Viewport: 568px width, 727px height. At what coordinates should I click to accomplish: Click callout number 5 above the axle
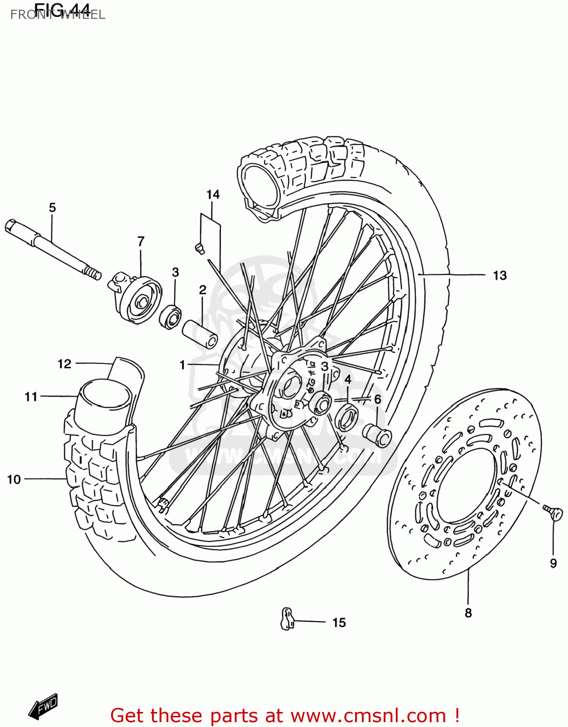(52, 207)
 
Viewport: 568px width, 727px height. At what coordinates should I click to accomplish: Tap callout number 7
(141, 241)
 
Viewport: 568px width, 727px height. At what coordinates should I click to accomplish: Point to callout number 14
(213, 194)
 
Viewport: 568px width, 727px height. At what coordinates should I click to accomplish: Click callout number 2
(203, 290)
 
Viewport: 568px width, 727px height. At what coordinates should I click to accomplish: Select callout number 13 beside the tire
(500, 275)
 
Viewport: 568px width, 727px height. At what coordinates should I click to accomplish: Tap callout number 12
(65, 363)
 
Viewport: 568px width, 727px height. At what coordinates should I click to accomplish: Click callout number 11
(31, 396)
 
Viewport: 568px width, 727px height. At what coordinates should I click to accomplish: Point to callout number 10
(14, 479)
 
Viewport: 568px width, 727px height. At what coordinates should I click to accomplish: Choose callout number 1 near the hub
(182, 364)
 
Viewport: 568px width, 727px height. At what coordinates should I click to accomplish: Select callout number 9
(553, 563)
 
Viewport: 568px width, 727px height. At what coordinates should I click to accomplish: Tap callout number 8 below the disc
(468, 613)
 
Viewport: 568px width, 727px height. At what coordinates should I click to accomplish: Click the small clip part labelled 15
(288, 618)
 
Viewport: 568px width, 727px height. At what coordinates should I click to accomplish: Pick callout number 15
(339, 622)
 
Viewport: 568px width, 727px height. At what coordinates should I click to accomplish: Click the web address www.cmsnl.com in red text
(368, 715)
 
